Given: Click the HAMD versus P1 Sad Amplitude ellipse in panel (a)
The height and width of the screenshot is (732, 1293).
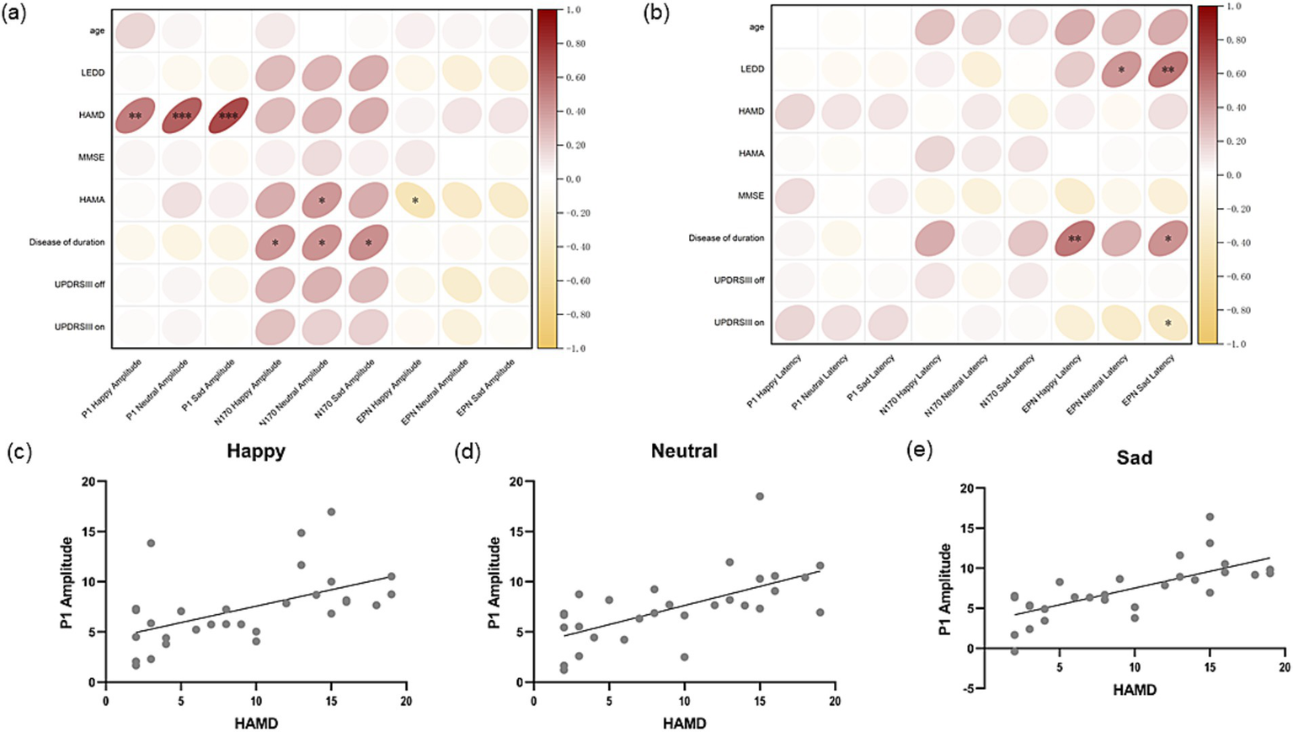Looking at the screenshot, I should click(228, 115).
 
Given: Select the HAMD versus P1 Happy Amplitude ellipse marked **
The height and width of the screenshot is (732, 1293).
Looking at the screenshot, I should click(135, 115).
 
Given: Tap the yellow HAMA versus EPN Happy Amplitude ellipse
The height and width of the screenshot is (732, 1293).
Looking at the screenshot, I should click(414, 200).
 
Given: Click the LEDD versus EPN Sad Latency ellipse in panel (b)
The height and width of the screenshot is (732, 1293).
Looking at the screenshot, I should click(1167, 70).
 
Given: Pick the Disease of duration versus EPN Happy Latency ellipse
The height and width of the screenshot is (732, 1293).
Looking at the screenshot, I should click(1074, 238).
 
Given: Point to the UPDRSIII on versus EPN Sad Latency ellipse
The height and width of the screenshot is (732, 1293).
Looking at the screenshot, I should click(1167, 323).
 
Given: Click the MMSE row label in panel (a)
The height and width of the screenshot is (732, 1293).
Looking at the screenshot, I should click(91, 158).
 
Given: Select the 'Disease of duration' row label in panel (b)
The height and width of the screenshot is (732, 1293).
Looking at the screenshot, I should click(726, 238).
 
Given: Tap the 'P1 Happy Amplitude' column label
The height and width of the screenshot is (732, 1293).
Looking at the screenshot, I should click(112, 387).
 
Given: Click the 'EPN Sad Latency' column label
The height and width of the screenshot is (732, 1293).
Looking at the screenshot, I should click(1147, 382).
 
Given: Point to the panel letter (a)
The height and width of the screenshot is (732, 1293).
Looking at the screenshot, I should click(15, 13).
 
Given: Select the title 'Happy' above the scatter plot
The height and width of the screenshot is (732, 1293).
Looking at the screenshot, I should click(256, 451).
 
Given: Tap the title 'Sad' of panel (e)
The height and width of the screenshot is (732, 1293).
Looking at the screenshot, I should click(1134, 459).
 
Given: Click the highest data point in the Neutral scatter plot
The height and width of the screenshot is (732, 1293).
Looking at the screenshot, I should click(760, 496).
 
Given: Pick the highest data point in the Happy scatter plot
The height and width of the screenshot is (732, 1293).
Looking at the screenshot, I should click(331, 511).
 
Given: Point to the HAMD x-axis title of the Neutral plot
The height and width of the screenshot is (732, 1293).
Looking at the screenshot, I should click(684, 724).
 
